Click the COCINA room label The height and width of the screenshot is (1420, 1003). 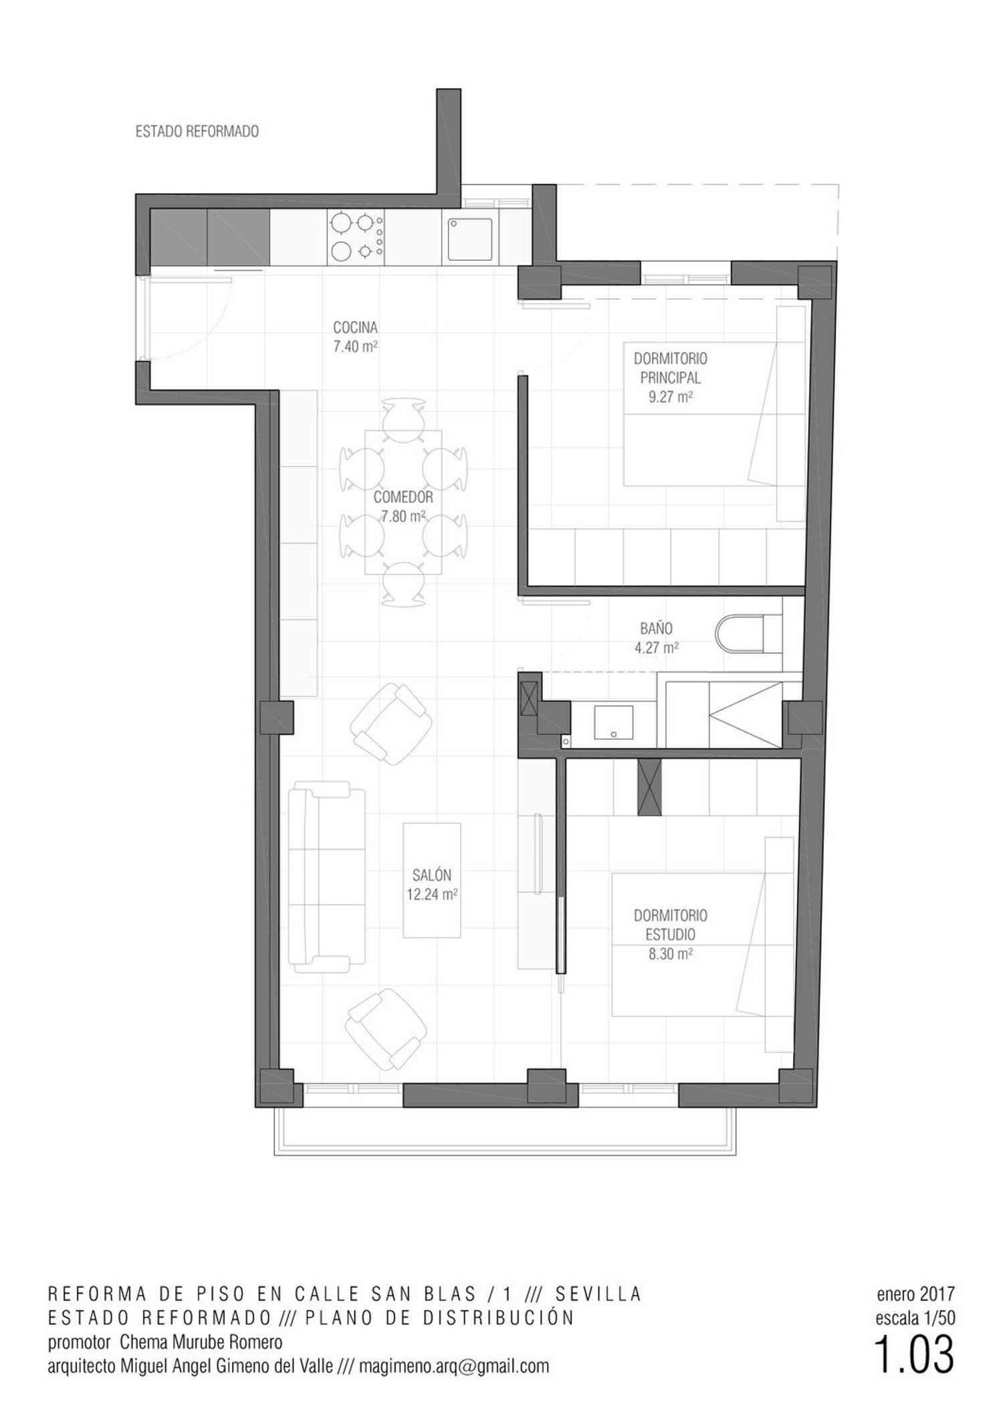pyautogui.click(x=355, y=328)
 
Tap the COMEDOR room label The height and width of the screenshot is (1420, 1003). pyautogui.click(x=403, y=497)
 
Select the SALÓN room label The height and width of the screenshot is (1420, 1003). pyautogui.click(x=431, y=875)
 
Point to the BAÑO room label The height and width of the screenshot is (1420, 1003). pyautogui.click(x=656, y=629)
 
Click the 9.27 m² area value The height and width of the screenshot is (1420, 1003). pyautogui.click(x=670, y=397)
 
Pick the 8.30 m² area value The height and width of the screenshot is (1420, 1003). pyautogui.click(x=670, y=954)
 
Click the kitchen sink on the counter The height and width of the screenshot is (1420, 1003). pyautogui.click(x=470, y=239)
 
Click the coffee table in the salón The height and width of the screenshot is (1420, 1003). pyautogui.click(x=431, y=880)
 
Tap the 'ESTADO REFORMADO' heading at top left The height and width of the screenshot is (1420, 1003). pyautogui.click(x=197, y=132)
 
